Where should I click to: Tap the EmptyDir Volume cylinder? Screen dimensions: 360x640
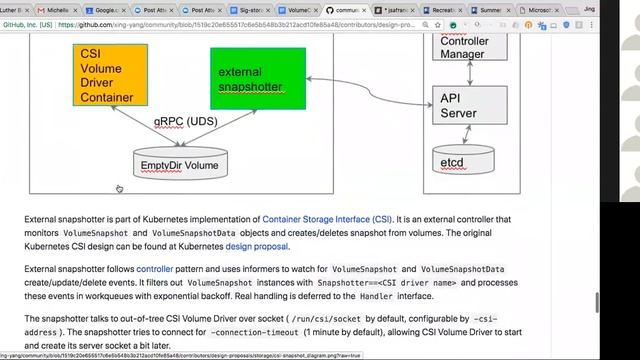(180, 164)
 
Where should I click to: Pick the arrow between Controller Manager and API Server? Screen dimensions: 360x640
(466, 74)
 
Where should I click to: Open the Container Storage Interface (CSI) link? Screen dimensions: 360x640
(326, 217)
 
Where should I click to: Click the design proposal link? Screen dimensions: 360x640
(257, 246)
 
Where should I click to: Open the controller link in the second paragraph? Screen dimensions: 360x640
(154, 269)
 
